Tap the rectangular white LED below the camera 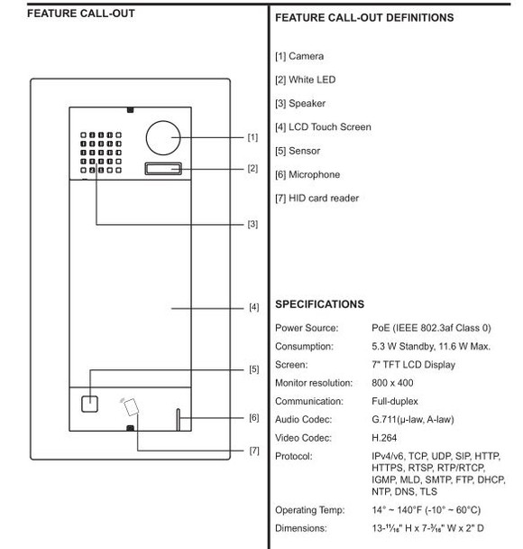(x=162, y=168)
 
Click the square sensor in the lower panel (x=89, y=403)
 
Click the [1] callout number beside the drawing (x=252, y=138)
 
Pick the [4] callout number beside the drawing (x=253, y=308)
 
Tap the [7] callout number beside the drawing (x=253, y=450)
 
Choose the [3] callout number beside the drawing (x=252, y=225)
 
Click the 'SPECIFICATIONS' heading (x=319, y=304)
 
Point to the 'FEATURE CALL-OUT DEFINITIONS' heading (x=363, y=18)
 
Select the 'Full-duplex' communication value (x=394, y=400)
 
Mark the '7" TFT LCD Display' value (x=412, y=365)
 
